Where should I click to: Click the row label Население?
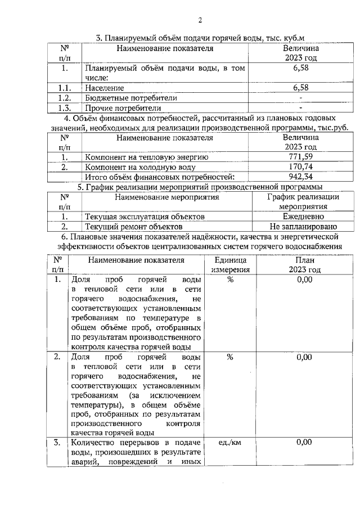coord(105,88)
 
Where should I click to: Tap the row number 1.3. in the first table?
coord(65,108)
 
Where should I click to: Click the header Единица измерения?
coord(229,265)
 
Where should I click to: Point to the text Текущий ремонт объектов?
coord(133,227)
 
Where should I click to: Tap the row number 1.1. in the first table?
coord(65,88)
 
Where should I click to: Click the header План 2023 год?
coord(304,265)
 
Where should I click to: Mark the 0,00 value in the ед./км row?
coord(304,443)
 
